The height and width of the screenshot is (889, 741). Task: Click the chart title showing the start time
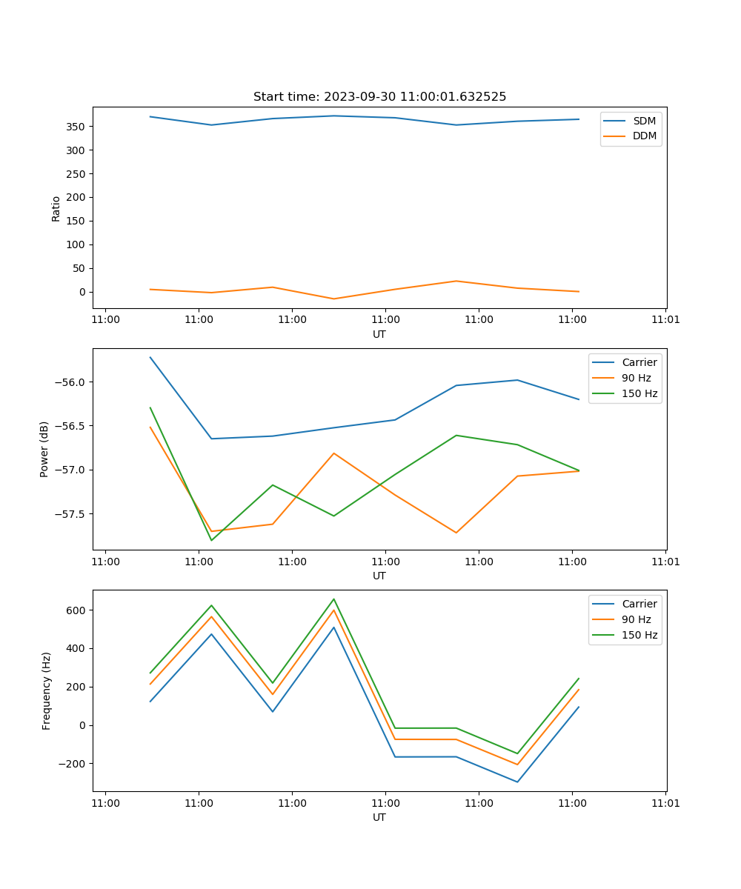(379, 97)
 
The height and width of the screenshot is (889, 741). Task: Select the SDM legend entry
(644, 121)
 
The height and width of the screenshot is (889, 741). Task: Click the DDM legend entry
(644, 136)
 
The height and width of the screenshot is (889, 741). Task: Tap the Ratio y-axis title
(56, 208)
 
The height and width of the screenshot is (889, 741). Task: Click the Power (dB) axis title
(44, 449)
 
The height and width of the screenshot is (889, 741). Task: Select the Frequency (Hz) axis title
(47, 690)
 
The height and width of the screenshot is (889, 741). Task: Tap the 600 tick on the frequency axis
(76, 610)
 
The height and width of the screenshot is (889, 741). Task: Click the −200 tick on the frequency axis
(72, 764)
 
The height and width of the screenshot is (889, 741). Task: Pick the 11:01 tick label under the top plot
(665, 320)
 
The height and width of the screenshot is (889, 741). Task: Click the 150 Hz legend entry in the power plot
(639, 393)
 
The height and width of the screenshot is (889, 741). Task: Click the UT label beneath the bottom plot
(379, 817)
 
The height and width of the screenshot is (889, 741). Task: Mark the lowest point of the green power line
(211, 540)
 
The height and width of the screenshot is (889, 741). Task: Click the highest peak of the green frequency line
(333, 599)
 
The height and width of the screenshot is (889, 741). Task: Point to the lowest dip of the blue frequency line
(517, 782)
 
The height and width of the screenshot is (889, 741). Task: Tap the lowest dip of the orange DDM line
(333, 299)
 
